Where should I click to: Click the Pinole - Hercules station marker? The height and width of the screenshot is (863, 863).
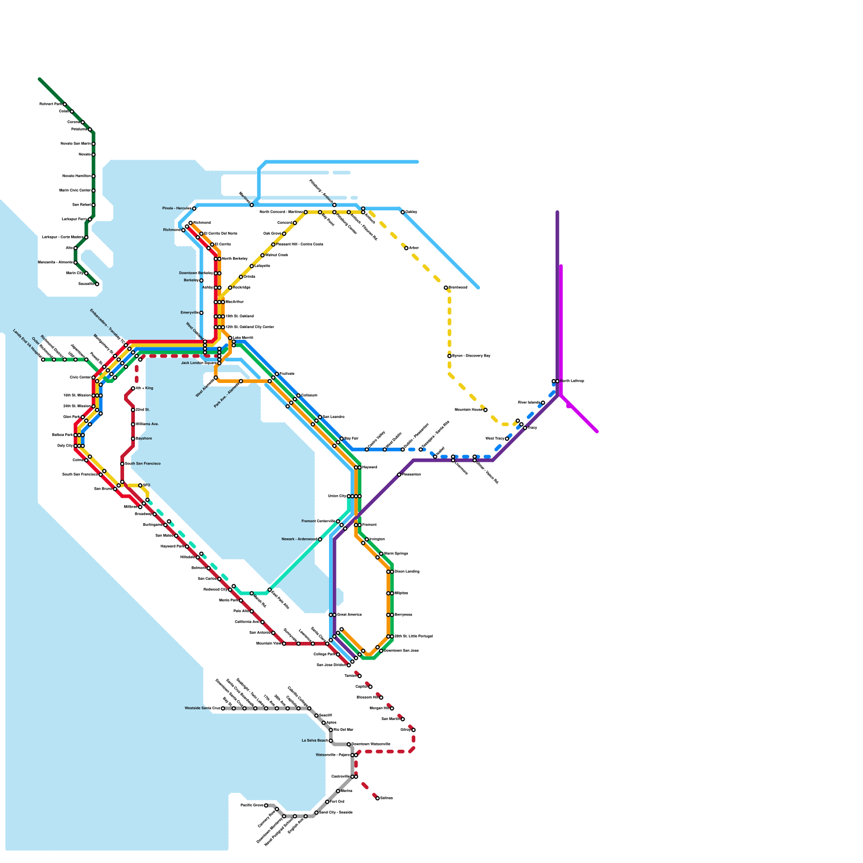[194, 208]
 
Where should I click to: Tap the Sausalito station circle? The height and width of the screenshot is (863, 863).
[97, 284]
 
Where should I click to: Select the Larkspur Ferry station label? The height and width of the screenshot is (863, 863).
[74, 220]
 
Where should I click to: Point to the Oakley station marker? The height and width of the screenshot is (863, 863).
[403, 212]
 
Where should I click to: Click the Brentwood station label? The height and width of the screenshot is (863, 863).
[458, 287]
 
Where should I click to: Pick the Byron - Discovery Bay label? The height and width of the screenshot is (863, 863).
[471, 356]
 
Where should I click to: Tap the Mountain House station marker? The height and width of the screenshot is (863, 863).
[485, 410]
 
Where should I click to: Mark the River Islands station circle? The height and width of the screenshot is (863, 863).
[543, 403]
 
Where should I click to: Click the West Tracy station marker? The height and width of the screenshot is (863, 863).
[507, 439]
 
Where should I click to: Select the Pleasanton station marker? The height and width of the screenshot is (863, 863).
[399, 475]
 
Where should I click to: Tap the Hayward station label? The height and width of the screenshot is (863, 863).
[369, 467]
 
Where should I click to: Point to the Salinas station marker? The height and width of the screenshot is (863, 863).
[378, 798]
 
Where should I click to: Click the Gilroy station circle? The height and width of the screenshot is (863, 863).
[414, 730]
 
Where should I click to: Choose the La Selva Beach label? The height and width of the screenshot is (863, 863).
[314, 741]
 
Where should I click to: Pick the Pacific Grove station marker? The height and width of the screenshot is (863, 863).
[266, 805]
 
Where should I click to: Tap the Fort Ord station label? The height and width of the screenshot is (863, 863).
[337, 802]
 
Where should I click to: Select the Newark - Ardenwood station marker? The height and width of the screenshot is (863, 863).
[320, 539]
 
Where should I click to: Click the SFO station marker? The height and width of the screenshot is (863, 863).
[140, 485]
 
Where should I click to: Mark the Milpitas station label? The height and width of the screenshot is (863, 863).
[401, 593]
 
